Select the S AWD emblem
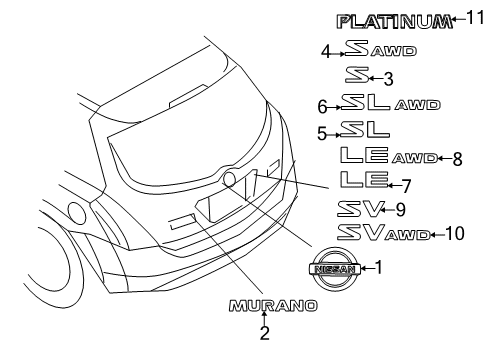(380, 49)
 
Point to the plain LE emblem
(358, 181)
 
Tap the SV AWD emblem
(383, 233)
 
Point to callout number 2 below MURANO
(264, 335)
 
